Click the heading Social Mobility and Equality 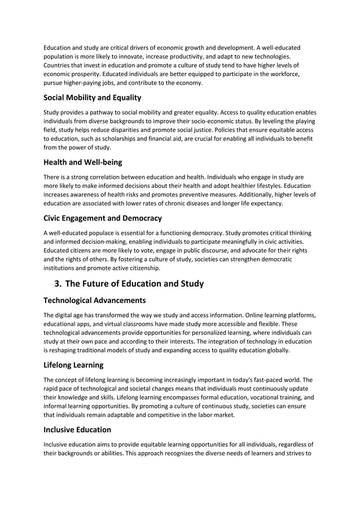(92, 98)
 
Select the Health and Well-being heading (82, 163)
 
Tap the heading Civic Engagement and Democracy (103, 218)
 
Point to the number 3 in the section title (58, 283)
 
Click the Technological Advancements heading (95, 300)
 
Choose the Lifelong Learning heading (73, 365)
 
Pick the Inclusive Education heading (77, 429)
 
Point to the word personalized (214, 332)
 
